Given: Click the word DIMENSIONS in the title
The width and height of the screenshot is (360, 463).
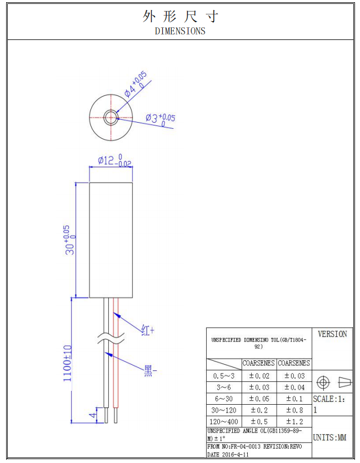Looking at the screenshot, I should point(180,31).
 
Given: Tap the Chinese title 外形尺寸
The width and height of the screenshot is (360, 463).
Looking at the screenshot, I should point(180,16).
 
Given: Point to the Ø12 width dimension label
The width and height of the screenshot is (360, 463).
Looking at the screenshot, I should point(114,161).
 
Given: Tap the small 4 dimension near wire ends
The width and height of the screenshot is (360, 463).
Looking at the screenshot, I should point(93,414).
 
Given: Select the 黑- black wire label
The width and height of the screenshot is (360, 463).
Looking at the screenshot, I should point(150,369).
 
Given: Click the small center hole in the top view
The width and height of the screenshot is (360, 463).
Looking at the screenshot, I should point(111,117).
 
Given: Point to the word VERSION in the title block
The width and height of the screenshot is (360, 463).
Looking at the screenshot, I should point(332,334).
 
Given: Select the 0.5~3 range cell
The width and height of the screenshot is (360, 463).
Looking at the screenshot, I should point(224,376).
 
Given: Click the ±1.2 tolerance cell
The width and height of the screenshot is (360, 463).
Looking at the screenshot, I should point(294,421).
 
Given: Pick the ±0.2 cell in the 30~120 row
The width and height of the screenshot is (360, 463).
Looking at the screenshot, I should point(259,410).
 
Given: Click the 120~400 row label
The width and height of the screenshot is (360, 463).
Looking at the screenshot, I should point(224,421).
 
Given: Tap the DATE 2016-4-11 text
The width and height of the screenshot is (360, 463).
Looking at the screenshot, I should point(228,454).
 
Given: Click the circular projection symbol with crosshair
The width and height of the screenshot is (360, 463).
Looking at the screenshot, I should point(323,383).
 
